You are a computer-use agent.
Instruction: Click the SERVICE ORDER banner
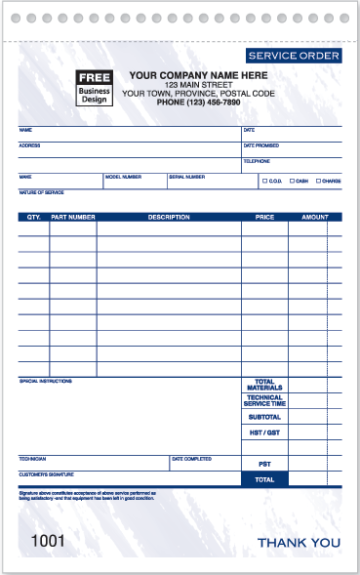[x=294, y=57]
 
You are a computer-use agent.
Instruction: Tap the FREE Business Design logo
[x=94, y=88]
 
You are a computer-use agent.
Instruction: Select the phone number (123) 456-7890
[x=198, y=103]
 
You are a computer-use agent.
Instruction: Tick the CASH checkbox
[x=289, y=181]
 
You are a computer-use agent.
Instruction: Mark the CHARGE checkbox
[x=318, y=181]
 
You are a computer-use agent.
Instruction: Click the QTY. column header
[x=33, y=217]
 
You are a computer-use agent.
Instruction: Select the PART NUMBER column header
[x=73, y=217]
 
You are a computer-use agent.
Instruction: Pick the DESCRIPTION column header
[x=169, y=217]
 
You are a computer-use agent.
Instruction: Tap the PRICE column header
[x=264, y=217]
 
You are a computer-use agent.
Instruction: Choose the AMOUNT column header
[x=314, y=217]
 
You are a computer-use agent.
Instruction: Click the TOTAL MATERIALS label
[x=264, y=385]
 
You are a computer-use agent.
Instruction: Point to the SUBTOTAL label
[x=264, y=417]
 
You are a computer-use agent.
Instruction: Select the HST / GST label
[x=264, y=432]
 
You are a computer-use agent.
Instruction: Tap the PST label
[x=264, y=464]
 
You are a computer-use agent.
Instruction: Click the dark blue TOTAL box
[x=264, y=479]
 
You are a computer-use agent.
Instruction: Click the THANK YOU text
[x=299, y=542]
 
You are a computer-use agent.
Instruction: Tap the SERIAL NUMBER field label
[x=186, y=177]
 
